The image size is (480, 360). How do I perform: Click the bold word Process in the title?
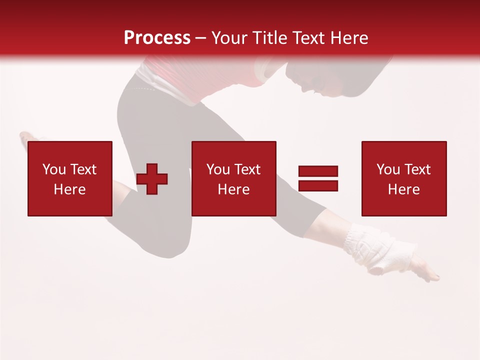click(x=157, y=38)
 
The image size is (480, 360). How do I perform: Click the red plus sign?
click(x=152, y=179)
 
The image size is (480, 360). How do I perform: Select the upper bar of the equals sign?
click(x=318, y=171)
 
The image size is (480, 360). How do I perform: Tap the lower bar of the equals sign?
click(x=318, y=186)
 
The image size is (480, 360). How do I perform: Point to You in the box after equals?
click(x=387, y=169)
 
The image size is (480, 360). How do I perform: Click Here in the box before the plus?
click(x=69, y=189)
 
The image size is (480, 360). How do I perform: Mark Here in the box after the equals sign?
click(x=403, y=189)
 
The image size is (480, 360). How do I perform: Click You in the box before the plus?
click(x=53, y=169)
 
